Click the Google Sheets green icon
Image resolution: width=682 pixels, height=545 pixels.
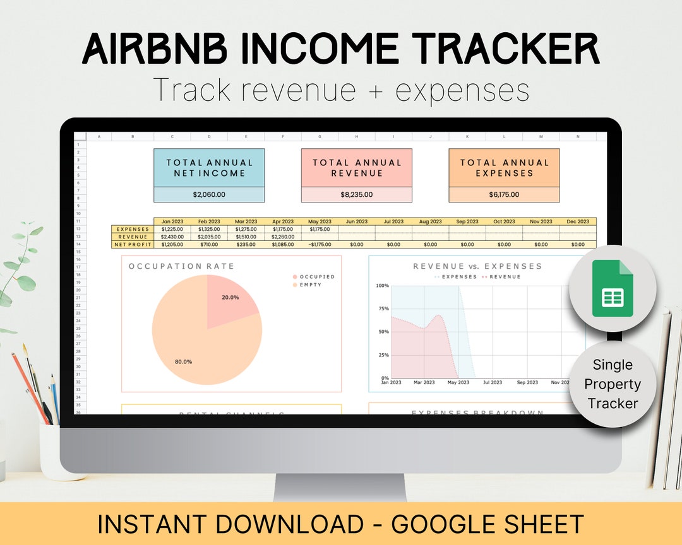612,288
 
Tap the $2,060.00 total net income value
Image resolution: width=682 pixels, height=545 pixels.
208,194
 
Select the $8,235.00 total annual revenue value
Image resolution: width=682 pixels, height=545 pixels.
356,194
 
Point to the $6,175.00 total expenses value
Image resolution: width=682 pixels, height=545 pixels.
504,194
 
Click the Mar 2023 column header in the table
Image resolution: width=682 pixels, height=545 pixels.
246,221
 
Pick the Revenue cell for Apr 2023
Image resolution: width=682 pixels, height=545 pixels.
283,237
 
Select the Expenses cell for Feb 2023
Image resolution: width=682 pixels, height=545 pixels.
209,229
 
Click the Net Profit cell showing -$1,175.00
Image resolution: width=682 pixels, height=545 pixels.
320,244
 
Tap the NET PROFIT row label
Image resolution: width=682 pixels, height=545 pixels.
132,244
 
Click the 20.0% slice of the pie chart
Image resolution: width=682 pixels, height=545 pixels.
229,300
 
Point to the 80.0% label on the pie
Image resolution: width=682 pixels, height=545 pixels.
183,361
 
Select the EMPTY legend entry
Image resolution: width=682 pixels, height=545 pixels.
310,285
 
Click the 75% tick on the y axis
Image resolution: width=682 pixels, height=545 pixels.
383,308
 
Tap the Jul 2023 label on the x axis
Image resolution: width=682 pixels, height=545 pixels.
492,382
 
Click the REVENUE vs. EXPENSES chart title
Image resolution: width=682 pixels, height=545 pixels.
477,266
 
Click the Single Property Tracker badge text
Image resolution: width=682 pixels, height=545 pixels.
612,384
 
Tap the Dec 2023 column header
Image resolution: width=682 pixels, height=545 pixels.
578,221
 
